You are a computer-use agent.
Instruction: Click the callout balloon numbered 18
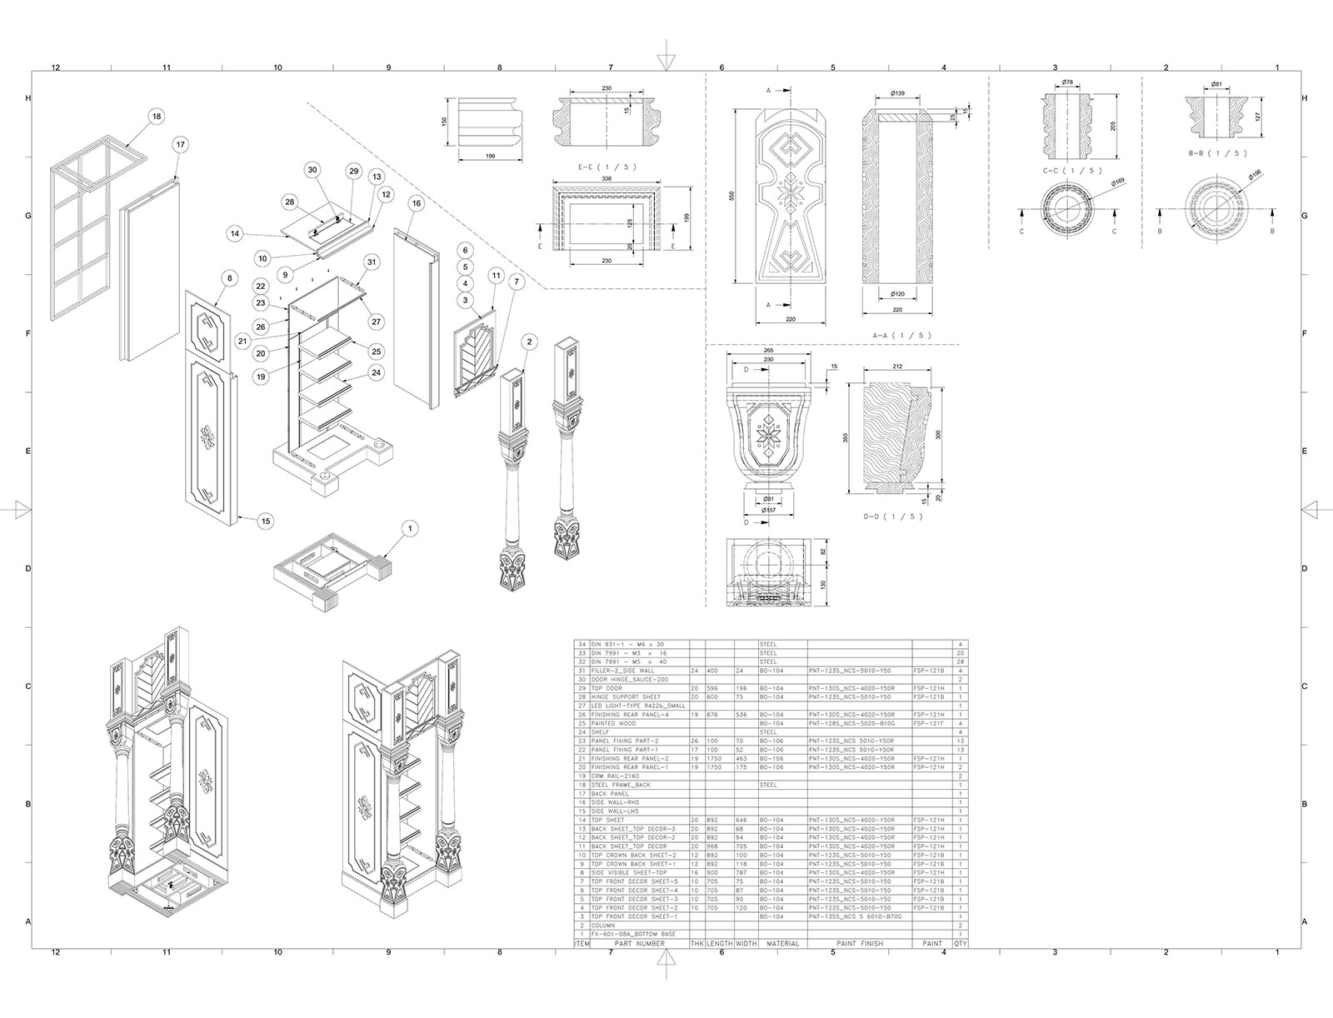[156, 117]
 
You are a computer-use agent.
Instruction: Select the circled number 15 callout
[266, 521]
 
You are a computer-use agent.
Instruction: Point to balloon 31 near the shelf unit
[371, 262]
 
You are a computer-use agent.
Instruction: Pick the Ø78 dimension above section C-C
[1067, 82]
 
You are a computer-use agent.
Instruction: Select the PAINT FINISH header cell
[860, 944]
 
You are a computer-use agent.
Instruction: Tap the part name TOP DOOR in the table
[607, 688]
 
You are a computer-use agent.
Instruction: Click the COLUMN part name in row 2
[603, 926]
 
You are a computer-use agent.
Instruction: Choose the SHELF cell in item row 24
[602, 732]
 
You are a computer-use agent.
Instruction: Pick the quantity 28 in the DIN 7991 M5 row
[961, 662]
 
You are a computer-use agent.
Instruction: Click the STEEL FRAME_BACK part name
[621, 785]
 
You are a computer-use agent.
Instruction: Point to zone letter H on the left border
[28, 98]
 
